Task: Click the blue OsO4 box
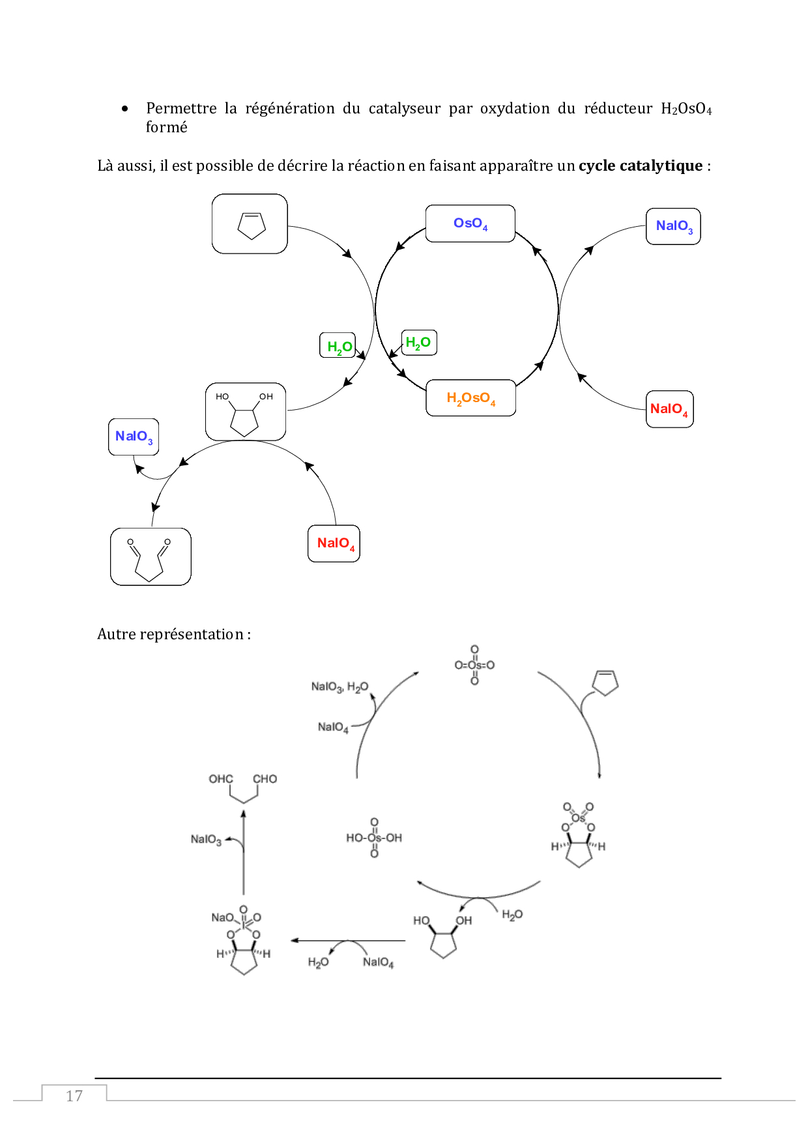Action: [470, 224]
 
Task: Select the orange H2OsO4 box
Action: [470, 398]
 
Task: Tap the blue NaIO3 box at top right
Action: [673, 226]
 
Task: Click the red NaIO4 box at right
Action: [669, 409]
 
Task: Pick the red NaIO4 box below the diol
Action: [334, 543]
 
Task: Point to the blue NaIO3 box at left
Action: [134, 437]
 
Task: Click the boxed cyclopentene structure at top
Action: [250, 224]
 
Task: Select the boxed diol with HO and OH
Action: [246, 412]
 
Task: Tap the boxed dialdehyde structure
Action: [151, 557]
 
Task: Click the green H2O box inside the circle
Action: [418, 343]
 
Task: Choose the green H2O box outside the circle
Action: [338, 346]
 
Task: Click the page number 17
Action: [74, 1096]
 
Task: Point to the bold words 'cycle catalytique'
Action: [640, 166]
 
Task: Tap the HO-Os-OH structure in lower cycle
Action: [374, 838]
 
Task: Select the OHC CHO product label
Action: [242, 779]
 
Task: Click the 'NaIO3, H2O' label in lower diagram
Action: [339, 687]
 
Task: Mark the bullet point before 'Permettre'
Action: [125, 109]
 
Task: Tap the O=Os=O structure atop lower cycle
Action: [474, 665]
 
